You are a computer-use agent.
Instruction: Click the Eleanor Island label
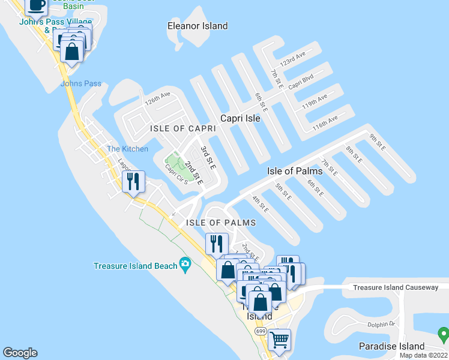click(x=197, y=26)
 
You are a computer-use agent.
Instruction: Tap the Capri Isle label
click(x=240, y=118)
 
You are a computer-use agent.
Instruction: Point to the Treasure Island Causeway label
click(x=396, y=287)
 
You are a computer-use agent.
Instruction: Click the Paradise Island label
click(x=391, y=346)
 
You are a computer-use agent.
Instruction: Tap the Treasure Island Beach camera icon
click(x=185, y=265)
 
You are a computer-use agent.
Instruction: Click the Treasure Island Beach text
click(x=135, y=266)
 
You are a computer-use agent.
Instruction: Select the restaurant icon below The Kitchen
click(x=133, y=181)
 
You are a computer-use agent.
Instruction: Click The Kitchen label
click(x=127, y=149)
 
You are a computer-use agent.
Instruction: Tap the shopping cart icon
click(x=279, y=339)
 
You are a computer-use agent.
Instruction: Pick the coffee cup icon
click(x=36, y=5)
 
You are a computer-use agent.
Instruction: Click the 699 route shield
click(x=261, y=331)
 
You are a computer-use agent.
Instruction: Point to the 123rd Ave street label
click(x=293, y=61)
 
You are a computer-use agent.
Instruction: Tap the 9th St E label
click(x=376, y=142)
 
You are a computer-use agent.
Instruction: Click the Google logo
click(x=20, y=353)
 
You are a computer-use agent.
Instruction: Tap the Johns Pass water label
click(x=81, y=83)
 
